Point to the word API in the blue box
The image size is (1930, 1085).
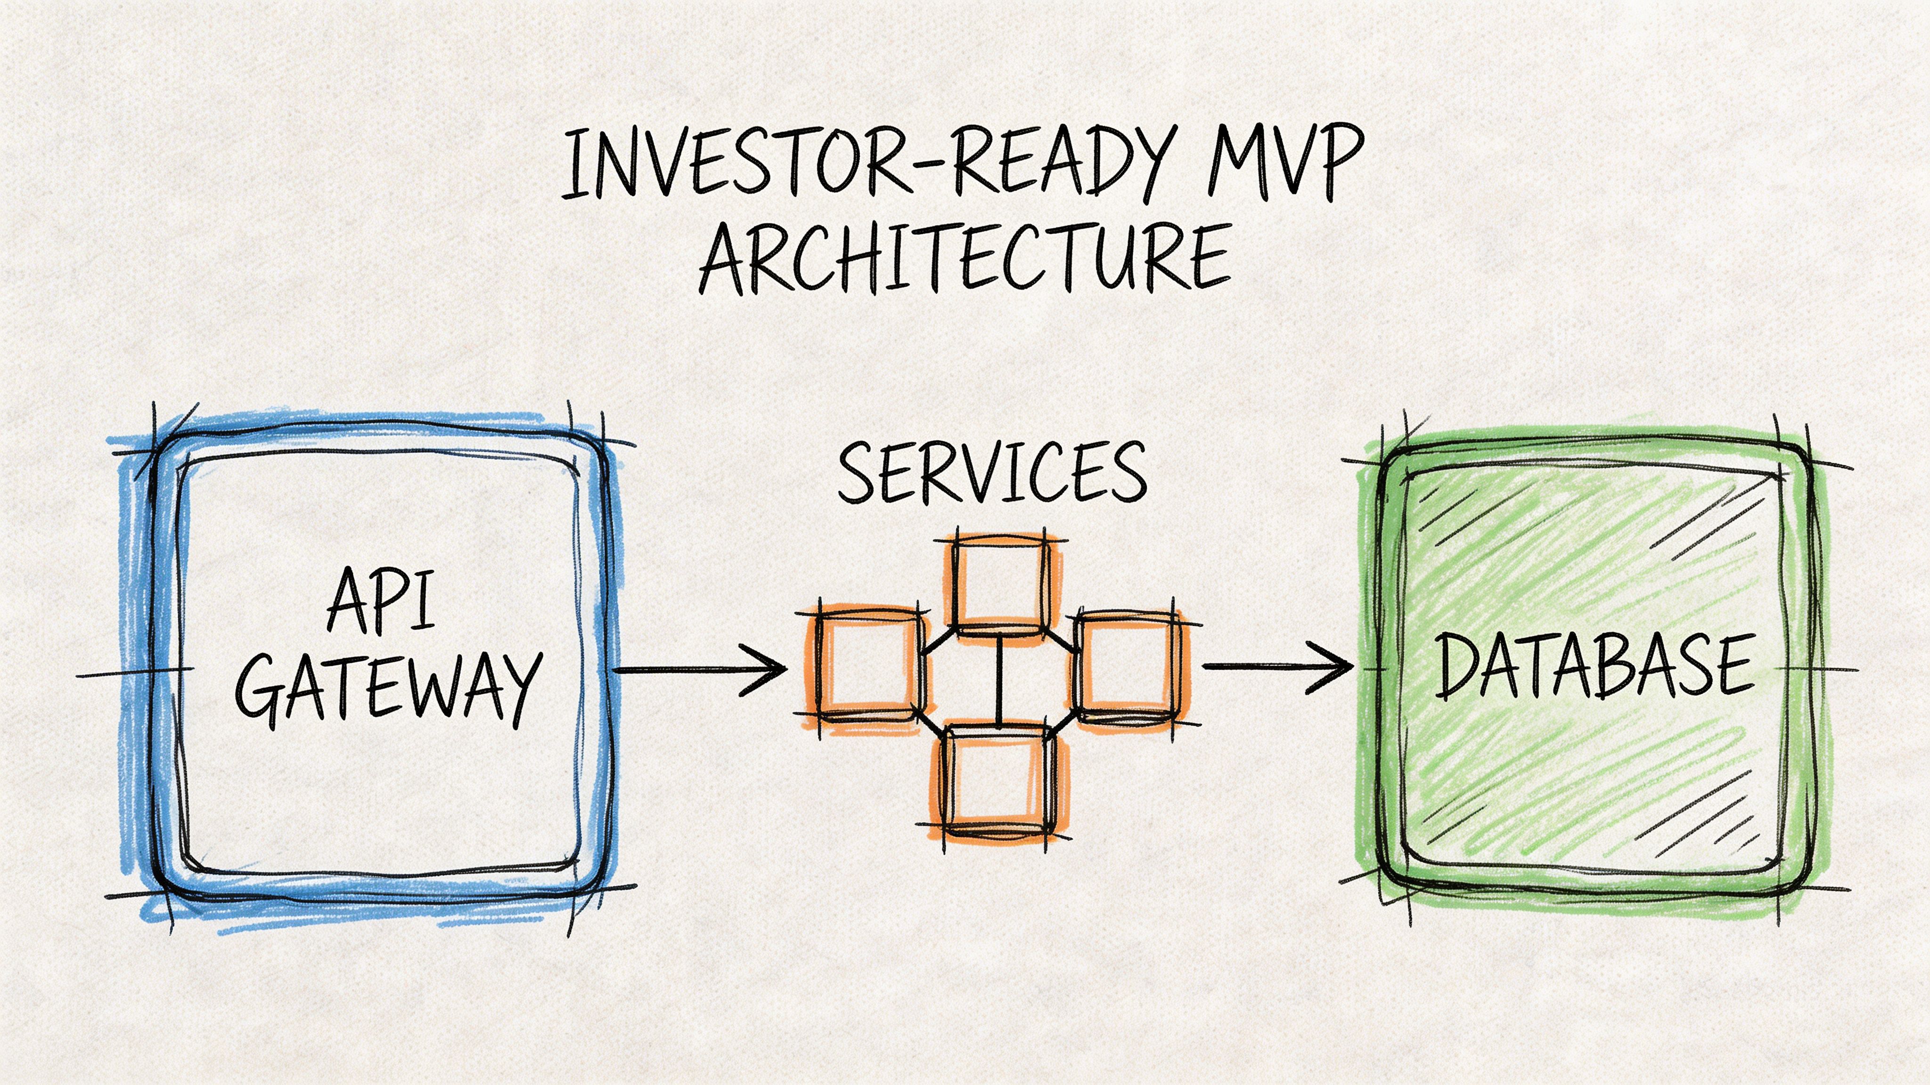coord(381,600)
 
